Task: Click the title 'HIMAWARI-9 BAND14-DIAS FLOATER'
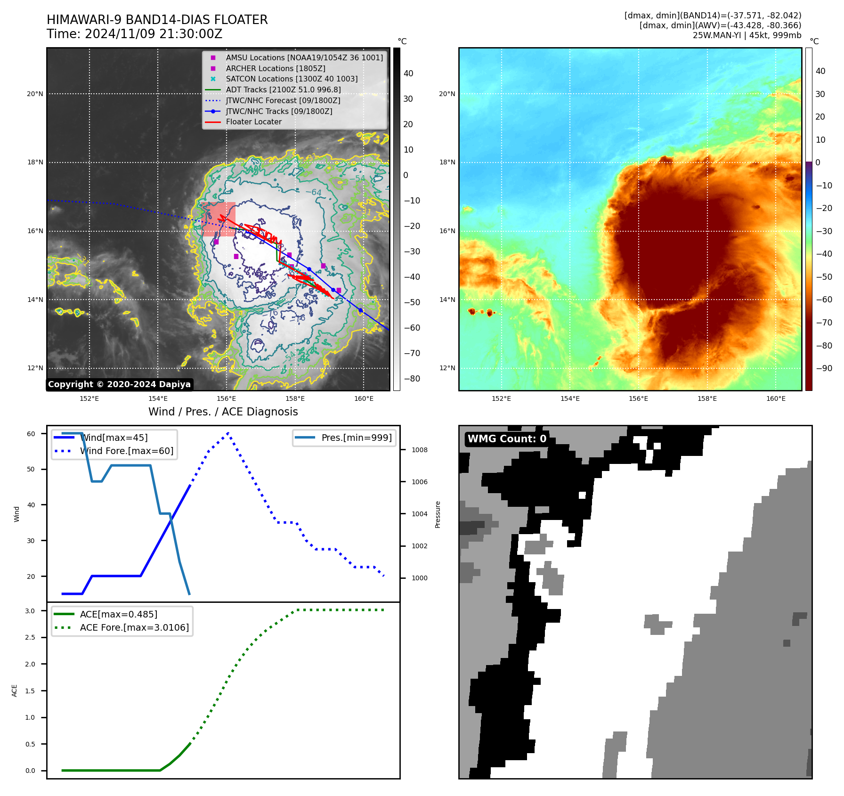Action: pos(157,20)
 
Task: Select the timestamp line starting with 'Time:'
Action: pos(134,34)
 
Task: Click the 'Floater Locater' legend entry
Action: pos(253,122)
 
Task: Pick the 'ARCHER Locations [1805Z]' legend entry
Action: pos(275,68)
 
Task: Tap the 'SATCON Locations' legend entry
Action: pos(291,79)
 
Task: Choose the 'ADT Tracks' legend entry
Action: pos(283,89)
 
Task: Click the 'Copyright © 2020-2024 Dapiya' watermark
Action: pos(119,384)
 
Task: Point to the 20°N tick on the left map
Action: pos(35,94)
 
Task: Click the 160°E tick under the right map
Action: pos(775,398)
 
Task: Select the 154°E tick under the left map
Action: pos(158,398)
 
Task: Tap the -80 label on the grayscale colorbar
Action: pos(412,379)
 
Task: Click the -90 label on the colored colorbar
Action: pos(824,368)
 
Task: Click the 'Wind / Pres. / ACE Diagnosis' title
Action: pos(223,412)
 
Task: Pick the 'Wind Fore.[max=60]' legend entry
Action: pos(126,451)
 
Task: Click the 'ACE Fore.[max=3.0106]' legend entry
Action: pos(134,627)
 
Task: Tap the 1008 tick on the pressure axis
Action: pos(419,450)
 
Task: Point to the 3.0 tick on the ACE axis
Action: pos(30,611)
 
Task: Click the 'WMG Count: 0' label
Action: pos(507,439)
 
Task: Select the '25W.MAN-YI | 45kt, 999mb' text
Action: pos(747,35)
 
